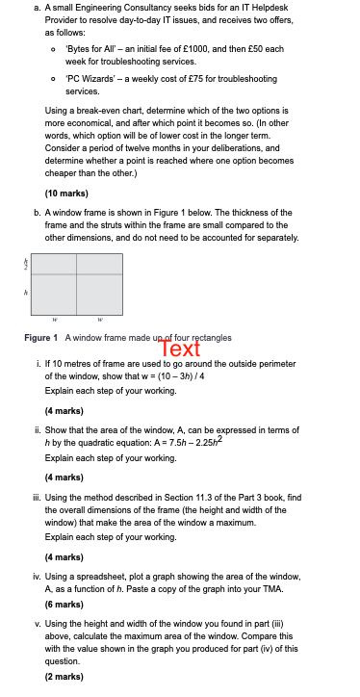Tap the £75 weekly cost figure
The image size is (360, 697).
pos(192,79)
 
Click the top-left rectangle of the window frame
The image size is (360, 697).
pos(55,267)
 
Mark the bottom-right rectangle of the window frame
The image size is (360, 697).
pos(99,297)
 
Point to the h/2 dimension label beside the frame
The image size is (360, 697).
pos(26,262)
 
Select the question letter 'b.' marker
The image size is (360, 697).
pos(37,212)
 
